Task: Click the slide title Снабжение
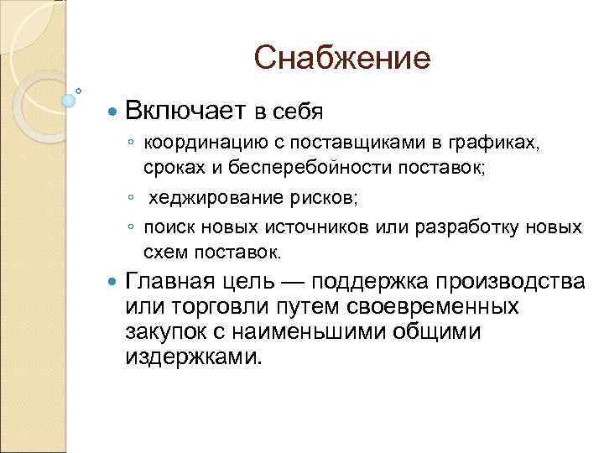[x=342, y=59]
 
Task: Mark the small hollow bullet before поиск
[x=132, y=228]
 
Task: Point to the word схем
[x=165, y=252]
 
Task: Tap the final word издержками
[x=193, y=357]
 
